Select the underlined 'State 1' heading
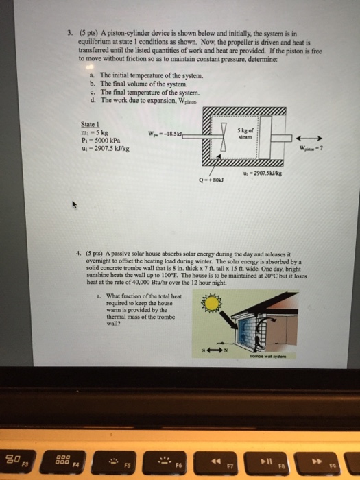click(x=92, y=125)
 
